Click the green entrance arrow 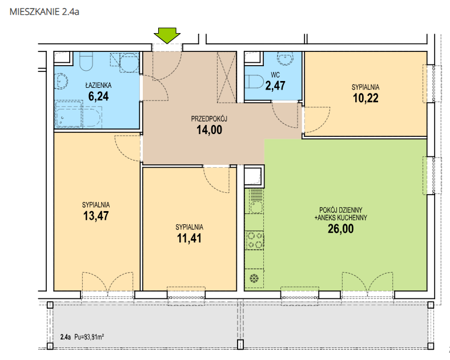(x=167, y=35)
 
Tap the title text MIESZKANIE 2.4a (x=45, y=12)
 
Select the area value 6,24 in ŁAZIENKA (x=98, y=96)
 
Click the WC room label (x=275, y=75)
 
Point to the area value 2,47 (x=275, y=86)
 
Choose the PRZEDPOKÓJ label (x=209, y=119)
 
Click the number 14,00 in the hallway (x=209, y=130)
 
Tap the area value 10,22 (x=365, y=98)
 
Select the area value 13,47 (x=96, y=216)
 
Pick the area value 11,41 (x=189, y=238)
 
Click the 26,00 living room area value (x=341, y=229)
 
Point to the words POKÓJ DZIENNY (x=341, y=210)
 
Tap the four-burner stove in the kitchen (x=255, y=240)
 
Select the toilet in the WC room (x=254, y=82)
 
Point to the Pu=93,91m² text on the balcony (x=89, y=337)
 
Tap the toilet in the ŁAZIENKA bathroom (x=86, y=61)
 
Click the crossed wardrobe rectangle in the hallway (x=227, y=77)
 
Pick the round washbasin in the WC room (x=285, y=58)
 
